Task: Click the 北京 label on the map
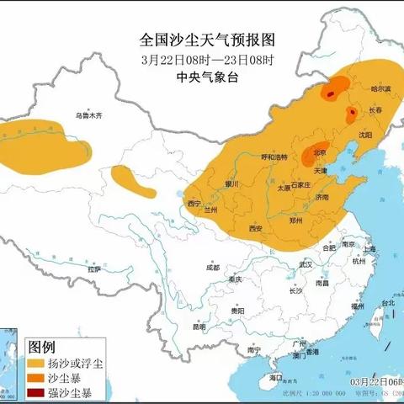(319, 152)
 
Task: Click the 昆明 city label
(198, 326)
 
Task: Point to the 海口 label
(275, 379)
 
